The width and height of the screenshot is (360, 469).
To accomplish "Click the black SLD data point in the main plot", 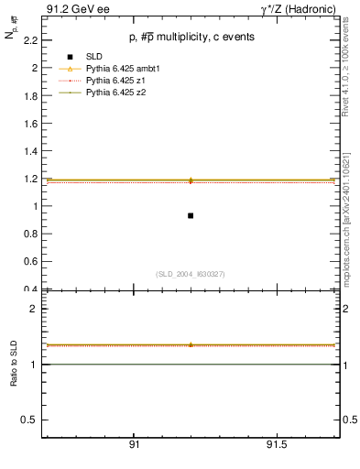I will coord(191,215).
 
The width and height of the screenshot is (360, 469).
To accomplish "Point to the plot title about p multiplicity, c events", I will coord(191,37).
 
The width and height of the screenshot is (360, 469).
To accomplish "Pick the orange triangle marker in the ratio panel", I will coord(191,345).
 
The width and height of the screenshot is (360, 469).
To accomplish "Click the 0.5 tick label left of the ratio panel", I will coord(29,420).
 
